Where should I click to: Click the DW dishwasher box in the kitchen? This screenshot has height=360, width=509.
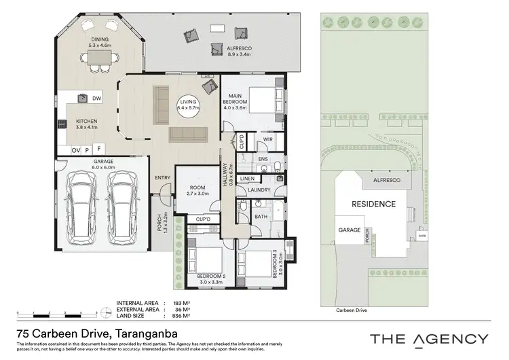(x=97, y=98)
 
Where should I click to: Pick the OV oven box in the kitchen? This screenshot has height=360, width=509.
(x=76, y=149)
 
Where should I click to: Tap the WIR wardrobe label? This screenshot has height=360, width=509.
(x=268, y=141)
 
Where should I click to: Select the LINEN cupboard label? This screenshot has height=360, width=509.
(x=247, y=179)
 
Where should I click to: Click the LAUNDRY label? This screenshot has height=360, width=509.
(x=260, y=190)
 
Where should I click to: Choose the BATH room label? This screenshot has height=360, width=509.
(x=261, y=217)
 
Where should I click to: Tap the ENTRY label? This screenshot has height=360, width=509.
(x=163, y=178)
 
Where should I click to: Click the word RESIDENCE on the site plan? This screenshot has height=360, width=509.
(x=373, y=204)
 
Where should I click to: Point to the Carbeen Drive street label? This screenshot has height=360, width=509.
(x=351, y=310)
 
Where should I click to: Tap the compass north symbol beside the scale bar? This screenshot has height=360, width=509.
(x=105, y=312)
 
